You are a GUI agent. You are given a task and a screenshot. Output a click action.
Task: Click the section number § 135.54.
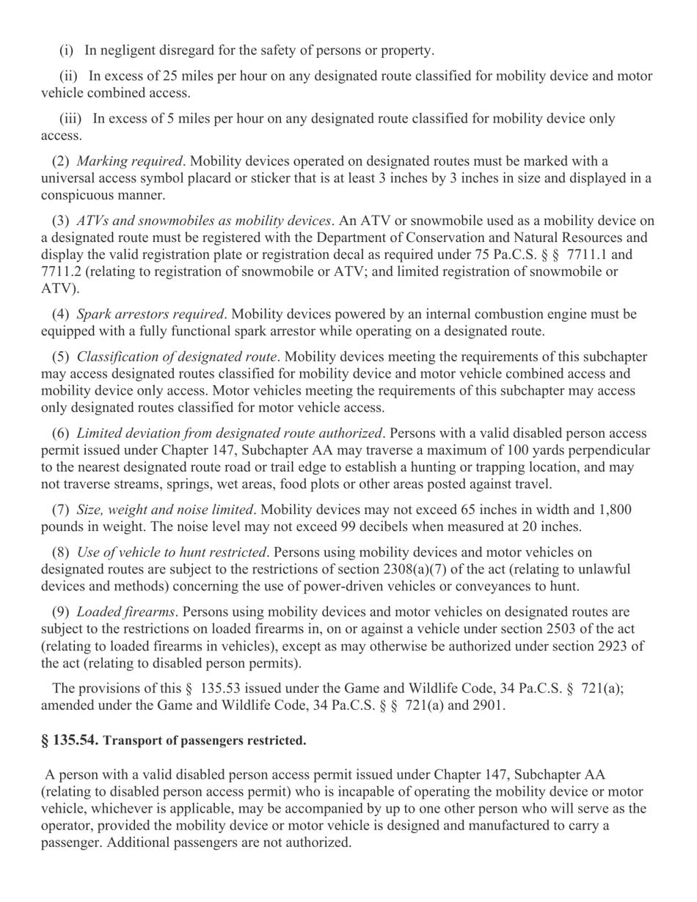click(70, 740)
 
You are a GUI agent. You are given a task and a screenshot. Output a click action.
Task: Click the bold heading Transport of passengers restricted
click(205, 741)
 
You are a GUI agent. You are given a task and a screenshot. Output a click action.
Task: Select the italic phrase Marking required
click(129, 161)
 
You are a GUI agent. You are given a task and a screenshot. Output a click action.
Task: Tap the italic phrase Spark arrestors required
click(150, 314)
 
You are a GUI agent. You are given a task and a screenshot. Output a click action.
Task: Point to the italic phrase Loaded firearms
click(125, 611)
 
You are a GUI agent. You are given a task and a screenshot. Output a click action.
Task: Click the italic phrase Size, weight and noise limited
click(165, 510)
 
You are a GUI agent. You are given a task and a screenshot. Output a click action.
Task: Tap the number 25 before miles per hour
click(172, 76)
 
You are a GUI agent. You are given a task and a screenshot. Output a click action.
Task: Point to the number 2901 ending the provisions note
click(489, 705)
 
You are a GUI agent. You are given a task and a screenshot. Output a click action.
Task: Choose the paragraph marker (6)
click(60, 433)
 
